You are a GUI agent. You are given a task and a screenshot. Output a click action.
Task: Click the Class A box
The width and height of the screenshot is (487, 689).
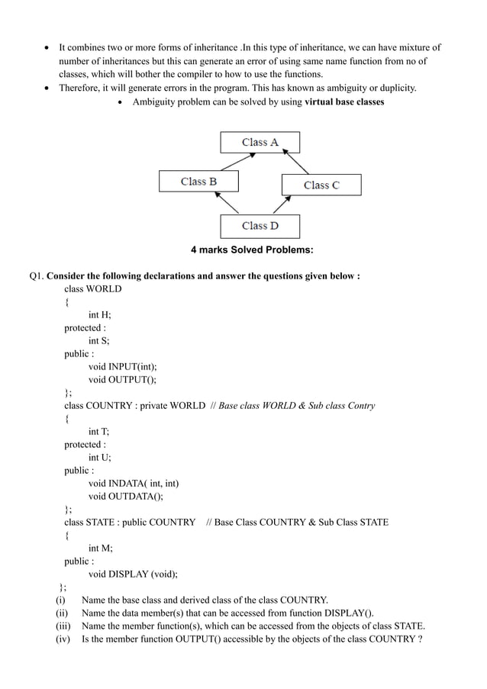tap(260, 143)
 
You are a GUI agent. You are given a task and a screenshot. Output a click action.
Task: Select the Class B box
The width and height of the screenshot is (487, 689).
tap(198, 182)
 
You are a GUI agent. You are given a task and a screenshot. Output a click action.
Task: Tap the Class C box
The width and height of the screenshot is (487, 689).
tap(321, 185)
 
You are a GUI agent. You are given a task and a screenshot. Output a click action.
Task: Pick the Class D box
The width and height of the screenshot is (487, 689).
tap(260, 226)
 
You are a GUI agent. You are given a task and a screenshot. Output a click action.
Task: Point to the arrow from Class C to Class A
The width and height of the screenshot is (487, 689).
tap(292, 163)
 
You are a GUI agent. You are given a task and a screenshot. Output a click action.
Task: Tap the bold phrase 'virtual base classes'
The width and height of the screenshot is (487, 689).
tap(344, 101)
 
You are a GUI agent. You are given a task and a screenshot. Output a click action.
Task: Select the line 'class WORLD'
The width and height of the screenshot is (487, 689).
tap(92, 289)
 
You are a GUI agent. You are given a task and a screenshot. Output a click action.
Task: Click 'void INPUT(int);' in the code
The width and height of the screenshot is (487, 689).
tap(124, 367)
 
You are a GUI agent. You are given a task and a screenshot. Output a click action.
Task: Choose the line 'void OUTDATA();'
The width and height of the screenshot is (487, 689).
tap(126, 496)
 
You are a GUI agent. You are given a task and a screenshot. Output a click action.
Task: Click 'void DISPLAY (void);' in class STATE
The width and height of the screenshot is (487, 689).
tap(137, 574)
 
